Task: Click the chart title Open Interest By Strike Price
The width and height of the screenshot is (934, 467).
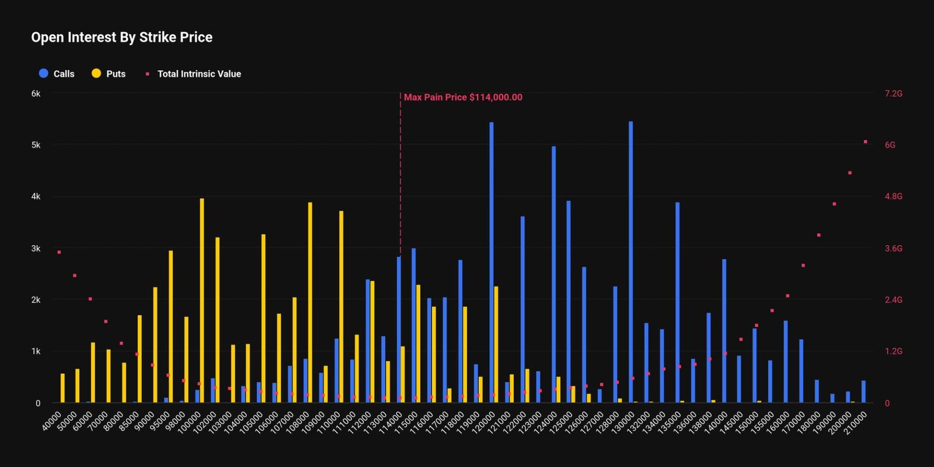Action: coord(121,37)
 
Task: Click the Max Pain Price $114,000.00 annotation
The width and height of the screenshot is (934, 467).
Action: coord(463,97)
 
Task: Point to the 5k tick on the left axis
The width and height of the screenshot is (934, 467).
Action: coord(36,145)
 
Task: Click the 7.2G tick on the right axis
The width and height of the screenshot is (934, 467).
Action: coord(893,93)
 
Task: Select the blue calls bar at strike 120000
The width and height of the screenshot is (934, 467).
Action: coord(492,263)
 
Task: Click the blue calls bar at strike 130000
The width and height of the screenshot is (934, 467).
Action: coord(631,263)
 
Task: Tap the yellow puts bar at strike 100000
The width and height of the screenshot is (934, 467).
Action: coord(202,301)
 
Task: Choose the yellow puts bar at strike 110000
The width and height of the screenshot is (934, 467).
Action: coord(341,306)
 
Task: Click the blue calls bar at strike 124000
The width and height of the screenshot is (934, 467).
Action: coord(553,274)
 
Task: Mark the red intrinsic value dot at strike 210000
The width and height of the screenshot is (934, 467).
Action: coord(865,142)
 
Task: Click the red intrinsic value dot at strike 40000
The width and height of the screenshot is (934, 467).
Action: coord(59,252)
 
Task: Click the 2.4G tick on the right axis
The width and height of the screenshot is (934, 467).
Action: coord(893,299)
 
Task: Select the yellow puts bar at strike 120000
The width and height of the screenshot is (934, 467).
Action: coord(496,344)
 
